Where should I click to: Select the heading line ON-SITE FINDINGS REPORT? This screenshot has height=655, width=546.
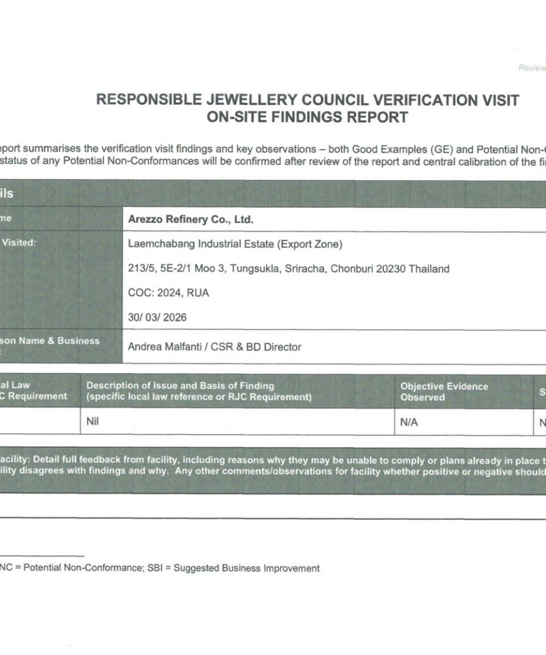pos(307,117)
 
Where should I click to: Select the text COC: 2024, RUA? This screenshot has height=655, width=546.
pos(168,293)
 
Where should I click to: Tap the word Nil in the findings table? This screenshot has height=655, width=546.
pos(93,422)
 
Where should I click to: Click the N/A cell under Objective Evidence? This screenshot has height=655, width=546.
pos(410,422)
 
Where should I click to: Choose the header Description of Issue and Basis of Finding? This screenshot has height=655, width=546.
pos(180,386)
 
